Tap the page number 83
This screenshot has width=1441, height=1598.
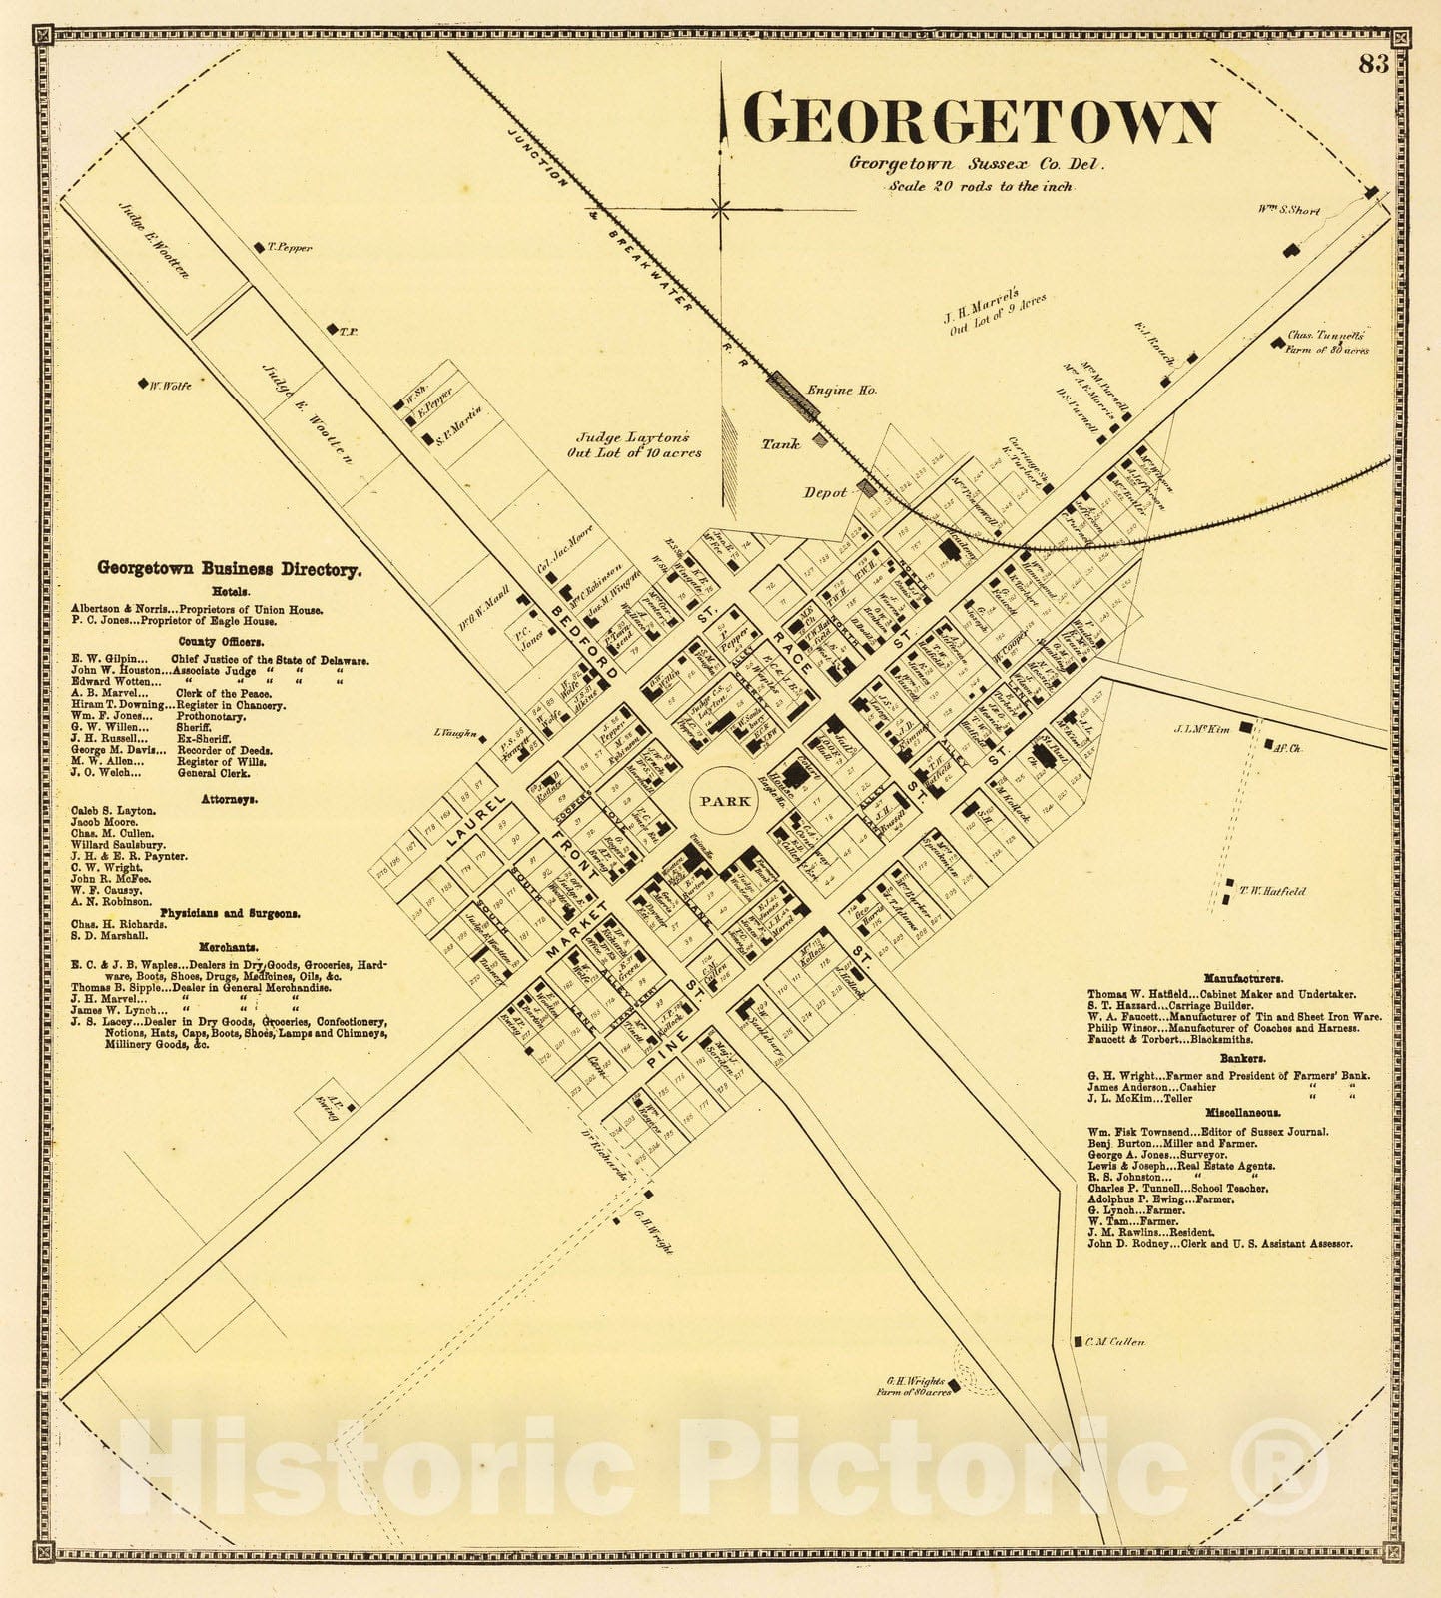point(1374,64)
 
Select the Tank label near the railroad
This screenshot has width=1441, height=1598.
point(780,444)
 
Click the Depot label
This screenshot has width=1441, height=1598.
point(826,492)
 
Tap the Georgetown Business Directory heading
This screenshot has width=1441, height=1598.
point(229,569)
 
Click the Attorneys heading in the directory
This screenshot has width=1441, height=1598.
point(229,799)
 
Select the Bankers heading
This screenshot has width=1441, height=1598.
point(1241,1057)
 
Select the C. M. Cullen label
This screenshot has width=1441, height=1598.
point(1114,1342)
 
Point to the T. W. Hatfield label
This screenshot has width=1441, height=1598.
point(1271,891)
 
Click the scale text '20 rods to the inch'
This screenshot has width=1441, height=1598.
point(980,186)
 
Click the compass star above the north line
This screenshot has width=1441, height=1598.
point(720,208)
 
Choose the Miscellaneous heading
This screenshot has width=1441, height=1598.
point(1242,1112)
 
